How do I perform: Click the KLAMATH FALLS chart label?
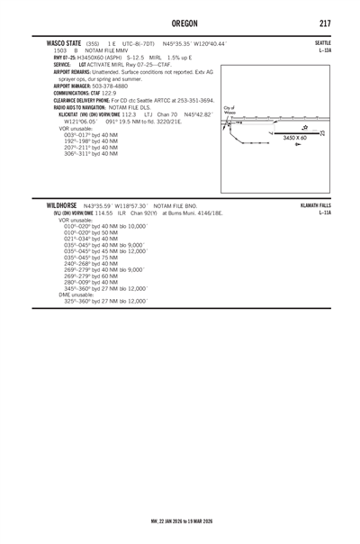328,206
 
